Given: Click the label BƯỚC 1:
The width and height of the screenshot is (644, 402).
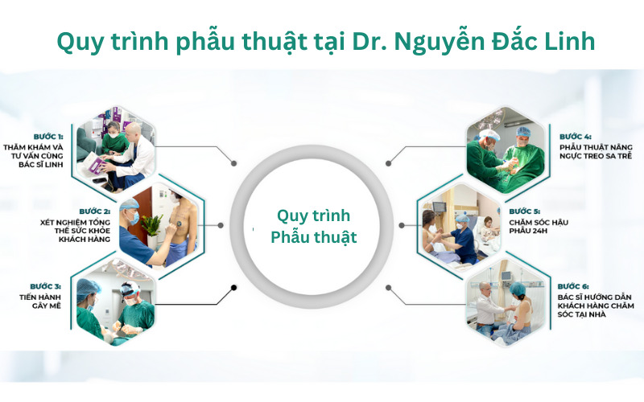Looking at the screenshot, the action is pos(48,137).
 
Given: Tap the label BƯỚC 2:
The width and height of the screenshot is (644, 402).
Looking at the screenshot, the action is pos(95,211).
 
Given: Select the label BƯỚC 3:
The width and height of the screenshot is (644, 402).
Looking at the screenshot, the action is pos(45,286).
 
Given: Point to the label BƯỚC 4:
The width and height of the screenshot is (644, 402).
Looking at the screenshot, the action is pos(576,137).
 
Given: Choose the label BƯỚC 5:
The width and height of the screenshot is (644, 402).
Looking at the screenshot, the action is pos(525,211).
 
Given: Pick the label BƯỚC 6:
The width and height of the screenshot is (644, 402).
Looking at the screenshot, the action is pos(573,286).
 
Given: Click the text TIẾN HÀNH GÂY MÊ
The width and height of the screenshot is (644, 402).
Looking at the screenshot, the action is pos(40,301).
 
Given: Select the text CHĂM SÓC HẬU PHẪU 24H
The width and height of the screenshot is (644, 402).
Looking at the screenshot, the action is pos(539,227).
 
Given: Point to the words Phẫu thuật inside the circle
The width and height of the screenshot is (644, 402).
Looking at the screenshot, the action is pos(314,237).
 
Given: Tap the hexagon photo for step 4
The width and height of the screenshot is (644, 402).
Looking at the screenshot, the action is pos(506,150).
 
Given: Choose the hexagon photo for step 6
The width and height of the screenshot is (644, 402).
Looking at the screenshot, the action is pos(506,302).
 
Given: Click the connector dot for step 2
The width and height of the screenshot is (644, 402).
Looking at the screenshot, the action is pos(221,225).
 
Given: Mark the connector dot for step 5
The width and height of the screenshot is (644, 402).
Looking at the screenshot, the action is pos(402,225).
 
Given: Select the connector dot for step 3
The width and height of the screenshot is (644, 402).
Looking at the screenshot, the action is pos(233,288).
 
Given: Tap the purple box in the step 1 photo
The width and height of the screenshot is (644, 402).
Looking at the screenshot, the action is pos(97,166).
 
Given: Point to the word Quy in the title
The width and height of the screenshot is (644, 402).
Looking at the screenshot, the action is pos(80,43).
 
